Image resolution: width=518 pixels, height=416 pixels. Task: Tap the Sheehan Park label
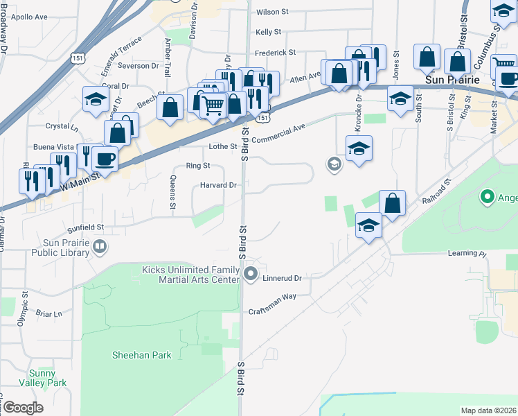[x=142, y=355]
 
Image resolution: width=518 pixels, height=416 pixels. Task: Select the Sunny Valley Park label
[x=48, y=378]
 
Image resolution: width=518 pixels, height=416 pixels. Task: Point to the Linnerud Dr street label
[x=283, y=278]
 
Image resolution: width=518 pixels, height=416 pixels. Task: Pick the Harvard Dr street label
[x=219, y=185]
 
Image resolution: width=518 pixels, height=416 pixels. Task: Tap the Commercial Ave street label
[x=278, y=130]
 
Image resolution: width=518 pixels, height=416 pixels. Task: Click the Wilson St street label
[x=272, y=12]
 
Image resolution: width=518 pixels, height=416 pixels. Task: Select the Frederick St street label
[x=275, y=52]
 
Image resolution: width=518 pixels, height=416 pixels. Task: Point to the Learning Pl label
[x=467, y=253]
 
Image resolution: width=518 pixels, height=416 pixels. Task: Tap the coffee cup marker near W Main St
[x=105, y=159]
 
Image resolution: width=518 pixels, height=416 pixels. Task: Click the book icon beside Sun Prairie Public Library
[x=100, y=246]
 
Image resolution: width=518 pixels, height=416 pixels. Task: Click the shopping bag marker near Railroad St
[x=392, y=203]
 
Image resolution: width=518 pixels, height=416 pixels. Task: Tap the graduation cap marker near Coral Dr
[x=96, y=98]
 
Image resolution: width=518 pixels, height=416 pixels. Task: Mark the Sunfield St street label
[x=86, y=227]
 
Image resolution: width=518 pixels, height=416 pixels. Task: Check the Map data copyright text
[x=488, y=410]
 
